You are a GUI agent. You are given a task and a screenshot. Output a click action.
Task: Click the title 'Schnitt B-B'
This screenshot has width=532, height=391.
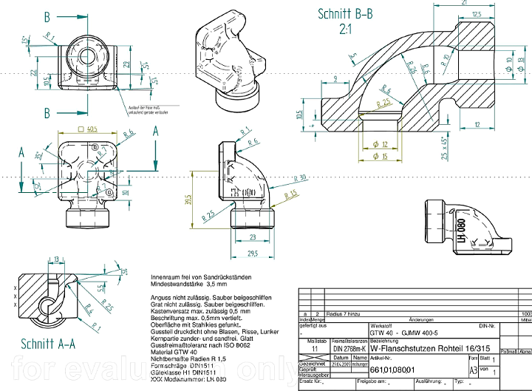pos(345,14)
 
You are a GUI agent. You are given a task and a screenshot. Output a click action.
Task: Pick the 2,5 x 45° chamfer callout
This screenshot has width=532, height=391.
pos(444,147)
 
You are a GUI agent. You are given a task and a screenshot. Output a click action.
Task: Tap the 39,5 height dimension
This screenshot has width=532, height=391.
pos(188,201)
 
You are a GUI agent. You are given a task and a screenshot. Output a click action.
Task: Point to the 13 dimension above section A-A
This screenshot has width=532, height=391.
pos(57,259)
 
